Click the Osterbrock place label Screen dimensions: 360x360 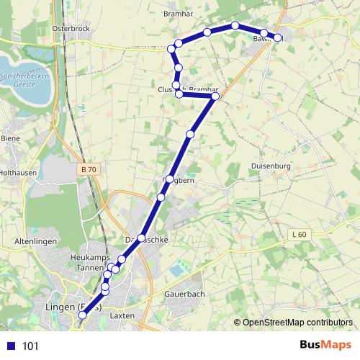tap(71, 28)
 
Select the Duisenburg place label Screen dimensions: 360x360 tap(270, 165)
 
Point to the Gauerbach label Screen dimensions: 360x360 tap(185, 294)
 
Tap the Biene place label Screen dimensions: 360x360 tap(11, 138)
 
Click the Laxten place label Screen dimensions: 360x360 tap(123, 315)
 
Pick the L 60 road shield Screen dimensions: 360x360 tap(300, 235)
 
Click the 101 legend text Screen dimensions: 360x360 tap(31, 346)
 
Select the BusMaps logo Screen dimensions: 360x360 tap(322, 346)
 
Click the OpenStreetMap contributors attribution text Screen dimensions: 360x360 tap(297, 322)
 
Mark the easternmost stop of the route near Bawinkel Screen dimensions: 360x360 tap(278, 37)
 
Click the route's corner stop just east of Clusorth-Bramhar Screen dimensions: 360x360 tap(215, 96)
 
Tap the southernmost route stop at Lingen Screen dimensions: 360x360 tap(82, 315)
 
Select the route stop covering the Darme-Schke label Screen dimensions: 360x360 tap(142, 238)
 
